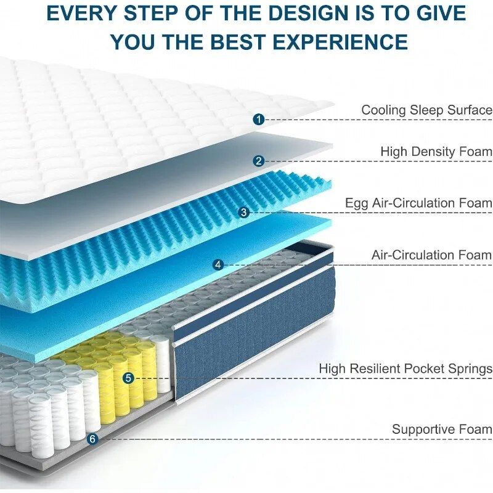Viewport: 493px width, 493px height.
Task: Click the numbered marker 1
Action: (259, 120)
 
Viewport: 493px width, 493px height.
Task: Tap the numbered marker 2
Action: (259, 161)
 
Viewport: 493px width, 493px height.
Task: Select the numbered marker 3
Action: (244, 212)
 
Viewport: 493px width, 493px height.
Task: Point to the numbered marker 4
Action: (218, 264)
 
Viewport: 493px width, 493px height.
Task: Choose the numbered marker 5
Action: (128, 378)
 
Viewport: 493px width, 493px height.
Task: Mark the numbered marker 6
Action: (92, 439)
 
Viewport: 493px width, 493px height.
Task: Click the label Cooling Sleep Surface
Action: (426, 110)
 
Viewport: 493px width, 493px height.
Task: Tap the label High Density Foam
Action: (436, 152)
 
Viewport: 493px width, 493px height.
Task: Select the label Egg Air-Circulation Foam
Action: (419, 203)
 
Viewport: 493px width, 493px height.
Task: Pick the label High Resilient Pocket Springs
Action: (405, 369)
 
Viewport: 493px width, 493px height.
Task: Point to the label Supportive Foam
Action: (442, 429)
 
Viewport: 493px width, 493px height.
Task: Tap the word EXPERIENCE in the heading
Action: (340, 41)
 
